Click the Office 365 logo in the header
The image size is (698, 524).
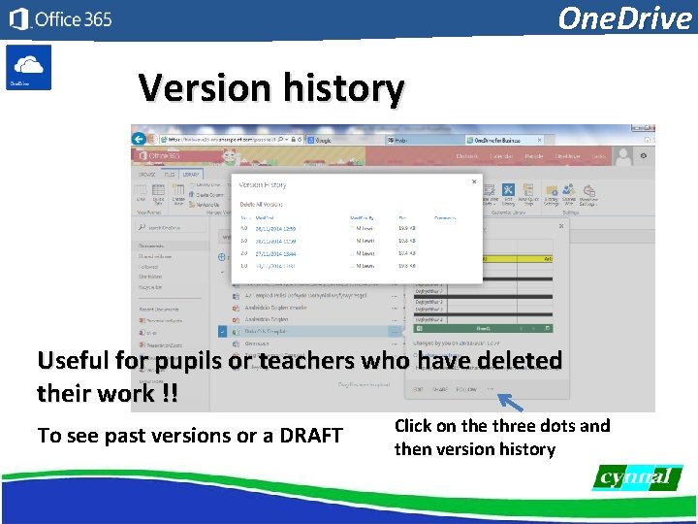[x=60, y=19]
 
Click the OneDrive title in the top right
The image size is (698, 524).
[x=624, y=17]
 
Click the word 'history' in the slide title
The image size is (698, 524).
[x=343, y=88]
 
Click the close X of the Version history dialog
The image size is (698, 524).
[x=474, y=180]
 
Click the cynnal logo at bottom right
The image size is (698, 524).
[x=637, y=477]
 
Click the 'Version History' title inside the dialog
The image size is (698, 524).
[x=263, y=184]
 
